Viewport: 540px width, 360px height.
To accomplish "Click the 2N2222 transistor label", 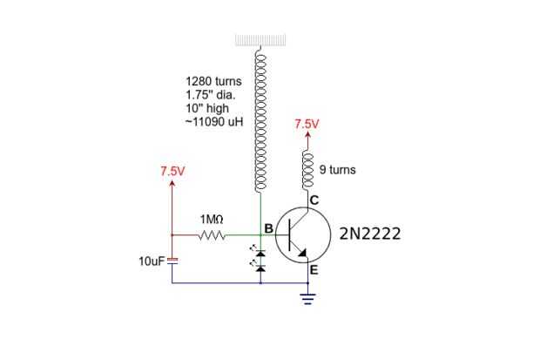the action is [370, 234].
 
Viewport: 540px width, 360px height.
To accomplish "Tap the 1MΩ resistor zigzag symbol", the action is [212, 235].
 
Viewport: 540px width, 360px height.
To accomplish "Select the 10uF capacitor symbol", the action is [172, 261].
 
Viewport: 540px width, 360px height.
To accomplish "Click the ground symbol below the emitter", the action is [307, 299].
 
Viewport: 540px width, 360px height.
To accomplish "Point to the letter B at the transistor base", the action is [268, 228].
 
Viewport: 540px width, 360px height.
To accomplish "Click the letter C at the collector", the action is [314, 200].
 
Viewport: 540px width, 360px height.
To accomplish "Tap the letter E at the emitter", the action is [314, 270].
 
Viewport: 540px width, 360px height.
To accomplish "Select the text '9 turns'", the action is [338, 170].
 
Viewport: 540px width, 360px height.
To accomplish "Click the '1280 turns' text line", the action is [213, 81].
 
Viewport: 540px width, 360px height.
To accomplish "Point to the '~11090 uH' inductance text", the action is [214, 122].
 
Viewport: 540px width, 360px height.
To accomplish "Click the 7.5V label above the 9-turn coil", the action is [307, 124].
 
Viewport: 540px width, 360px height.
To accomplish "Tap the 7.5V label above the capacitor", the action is [172, 171].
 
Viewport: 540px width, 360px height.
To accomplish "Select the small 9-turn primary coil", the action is [307, 171].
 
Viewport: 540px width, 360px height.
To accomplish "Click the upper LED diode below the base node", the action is [260, 254].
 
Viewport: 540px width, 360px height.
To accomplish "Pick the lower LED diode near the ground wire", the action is [260, 268].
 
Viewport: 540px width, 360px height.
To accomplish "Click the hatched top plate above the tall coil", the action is [260, 40].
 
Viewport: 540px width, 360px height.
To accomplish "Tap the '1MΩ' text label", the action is [212, 220].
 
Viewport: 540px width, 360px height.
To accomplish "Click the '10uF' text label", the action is [152, 262].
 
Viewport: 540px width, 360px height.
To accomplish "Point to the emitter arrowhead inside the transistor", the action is [303, 254].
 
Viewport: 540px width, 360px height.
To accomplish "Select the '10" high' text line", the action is [207, 108].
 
